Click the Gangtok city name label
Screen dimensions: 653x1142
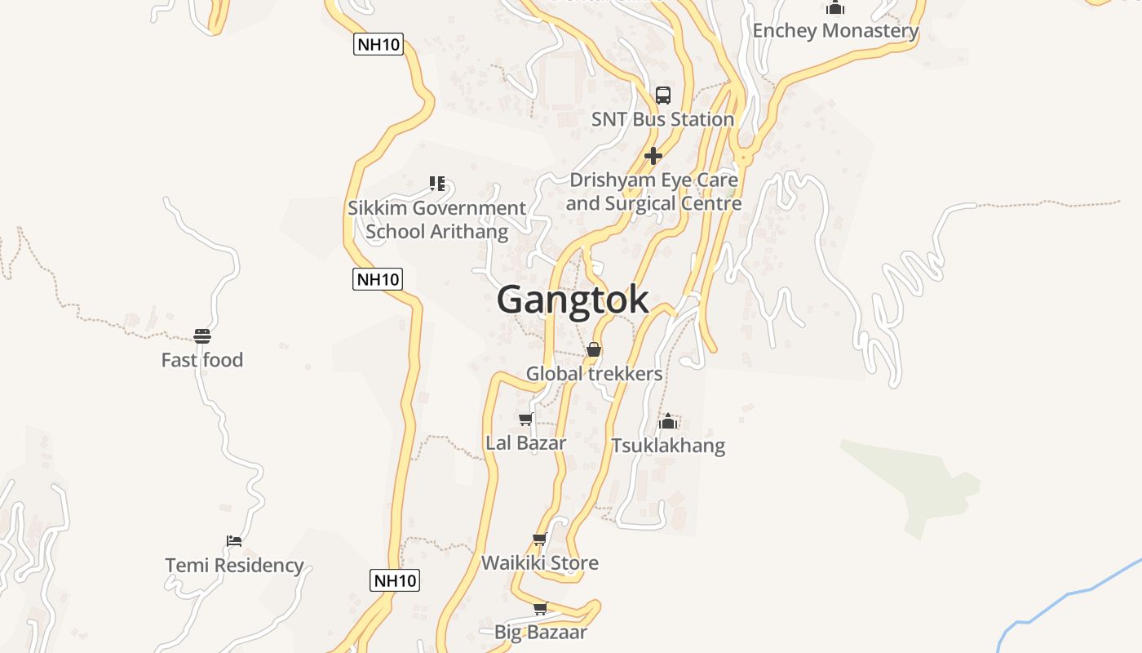coord(573,300)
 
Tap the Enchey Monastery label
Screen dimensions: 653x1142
coord(835,31)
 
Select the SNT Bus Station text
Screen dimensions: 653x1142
coord(662,119)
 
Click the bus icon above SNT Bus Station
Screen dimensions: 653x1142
coord(663,95)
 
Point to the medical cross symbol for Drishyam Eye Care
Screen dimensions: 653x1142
coord(653,155)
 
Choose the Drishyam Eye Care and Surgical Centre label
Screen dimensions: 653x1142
coord(653,192)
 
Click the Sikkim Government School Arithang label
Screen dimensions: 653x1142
coord(436,220)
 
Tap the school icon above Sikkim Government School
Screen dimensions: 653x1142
coord(437,184)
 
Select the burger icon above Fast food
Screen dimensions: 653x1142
coord(202,335)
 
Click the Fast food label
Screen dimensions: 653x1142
coord(202,360)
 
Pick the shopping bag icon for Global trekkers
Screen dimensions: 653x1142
coord(594,349)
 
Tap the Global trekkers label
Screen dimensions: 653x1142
coord(594,374)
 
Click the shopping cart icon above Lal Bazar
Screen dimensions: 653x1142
coord(526,419)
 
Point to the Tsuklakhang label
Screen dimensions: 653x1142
coord(668,446)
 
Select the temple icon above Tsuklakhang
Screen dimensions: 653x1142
coord(668,421)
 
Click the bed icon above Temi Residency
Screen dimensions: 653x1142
coord(234,540)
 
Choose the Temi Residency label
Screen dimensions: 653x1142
coord(234,565)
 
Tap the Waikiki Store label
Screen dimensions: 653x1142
coord(539,563)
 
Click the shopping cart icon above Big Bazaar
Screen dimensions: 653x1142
coord(539,608)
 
